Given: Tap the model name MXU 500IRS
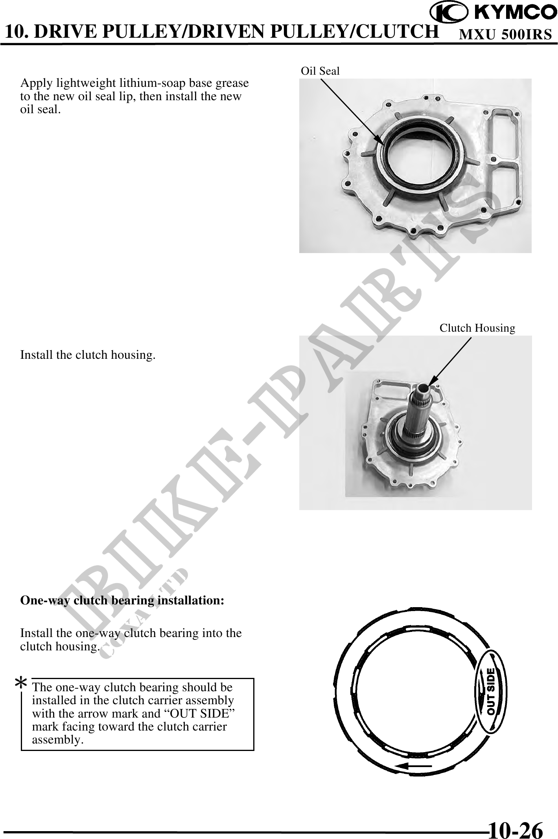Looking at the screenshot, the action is pos(506,35).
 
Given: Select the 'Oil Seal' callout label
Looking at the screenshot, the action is pos(320,71).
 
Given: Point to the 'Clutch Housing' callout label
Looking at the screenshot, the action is pos(477,328).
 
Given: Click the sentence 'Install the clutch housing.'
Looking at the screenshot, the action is pos(88,355).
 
